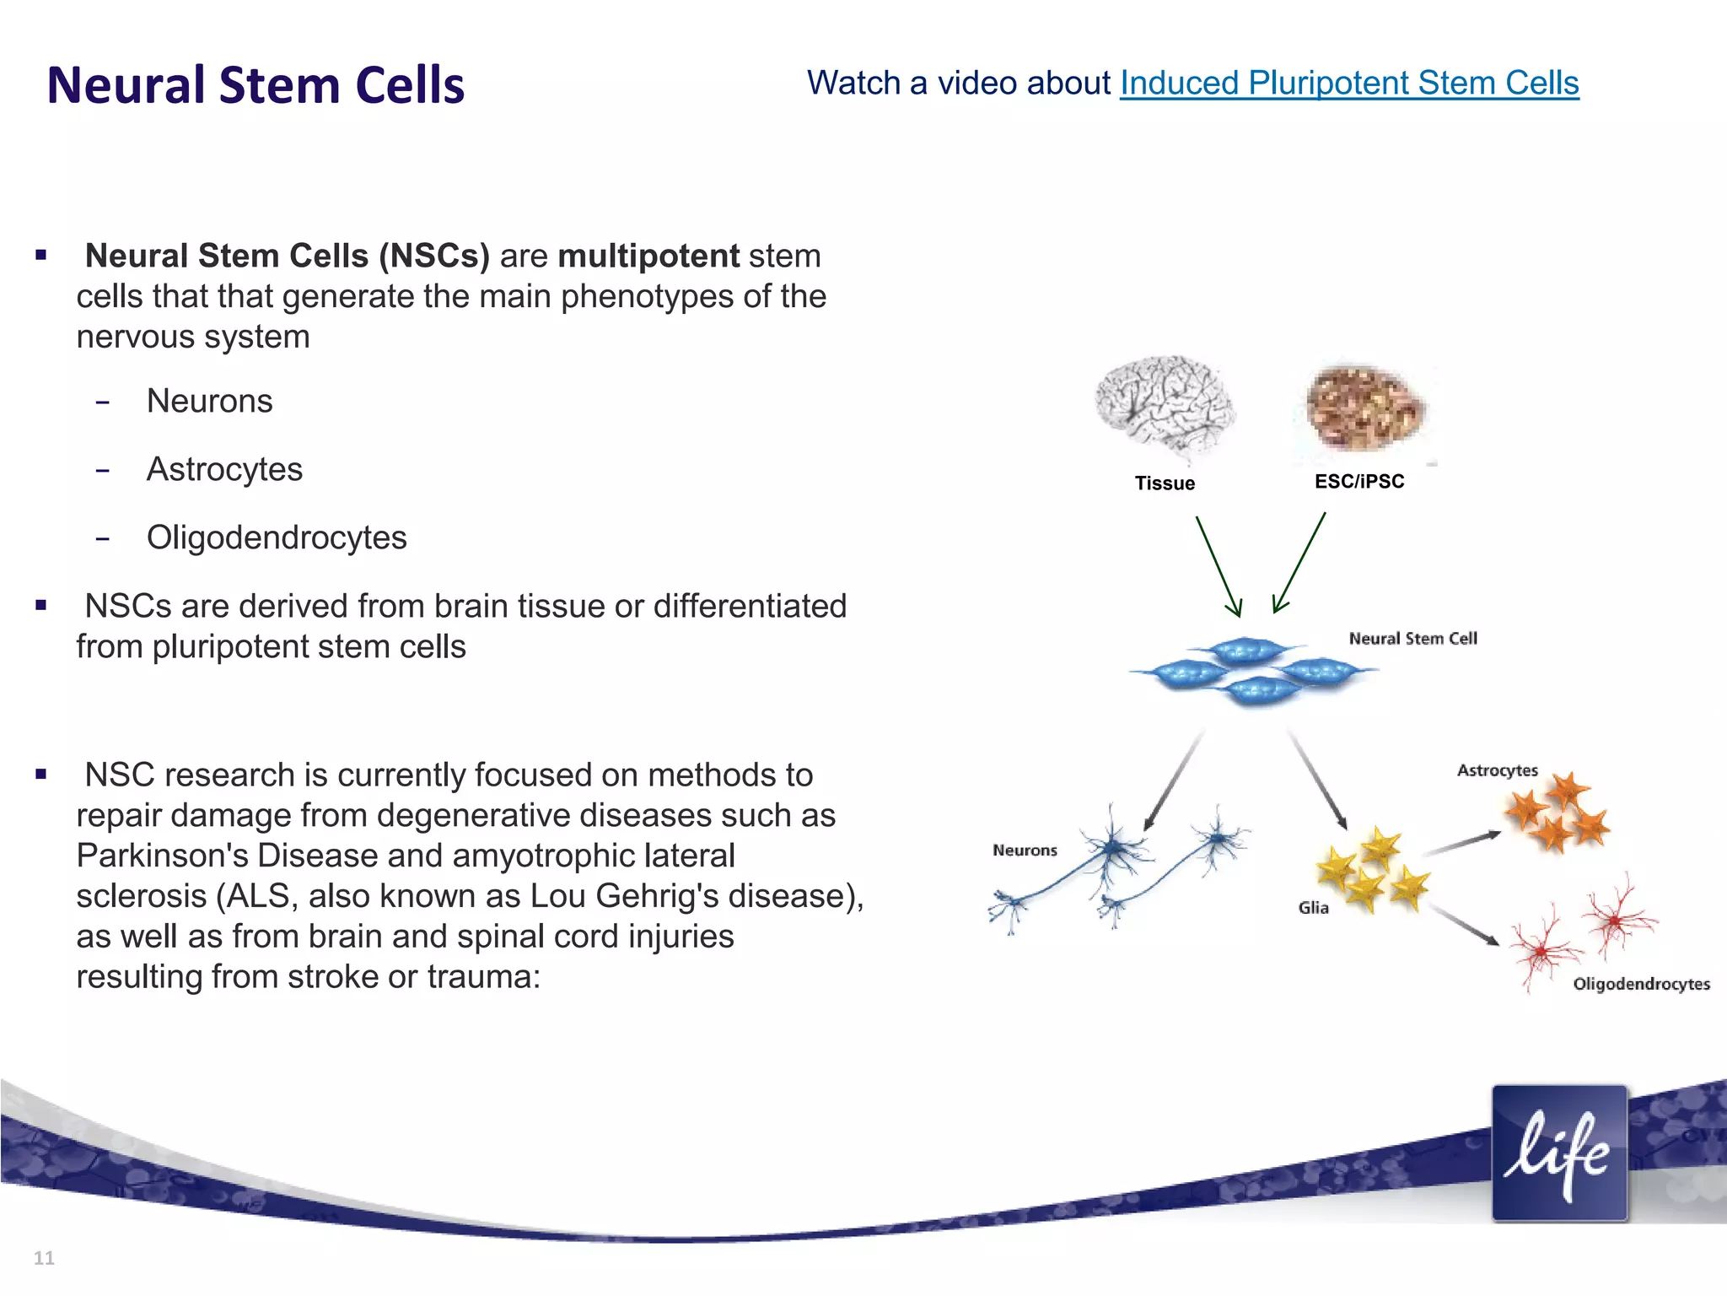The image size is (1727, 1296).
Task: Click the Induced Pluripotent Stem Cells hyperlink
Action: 1348,84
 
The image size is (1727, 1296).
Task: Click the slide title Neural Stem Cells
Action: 256,85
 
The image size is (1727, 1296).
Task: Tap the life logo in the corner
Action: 1558,1153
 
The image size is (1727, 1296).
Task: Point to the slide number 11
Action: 44,1258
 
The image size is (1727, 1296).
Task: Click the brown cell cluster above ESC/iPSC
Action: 1364,408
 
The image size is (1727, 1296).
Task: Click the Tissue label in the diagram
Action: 1165,483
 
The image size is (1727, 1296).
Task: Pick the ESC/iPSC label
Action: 1359,482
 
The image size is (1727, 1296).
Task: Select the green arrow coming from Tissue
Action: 1218,565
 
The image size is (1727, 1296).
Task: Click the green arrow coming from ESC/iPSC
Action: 1299,561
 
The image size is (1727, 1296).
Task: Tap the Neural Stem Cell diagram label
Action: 1412,639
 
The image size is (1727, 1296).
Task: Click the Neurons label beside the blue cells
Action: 1025,850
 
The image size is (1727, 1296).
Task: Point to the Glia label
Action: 1313,908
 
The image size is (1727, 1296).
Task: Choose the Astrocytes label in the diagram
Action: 1497,770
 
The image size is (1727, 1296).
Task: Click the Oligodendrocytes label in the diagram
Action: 1641,984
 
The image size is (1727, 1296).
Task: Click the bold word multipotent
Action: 648,256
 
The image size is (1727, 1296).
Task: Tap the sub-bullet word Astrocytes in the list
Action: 224,469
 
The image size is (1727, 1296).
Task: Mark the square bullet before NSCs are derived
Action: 40,605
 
